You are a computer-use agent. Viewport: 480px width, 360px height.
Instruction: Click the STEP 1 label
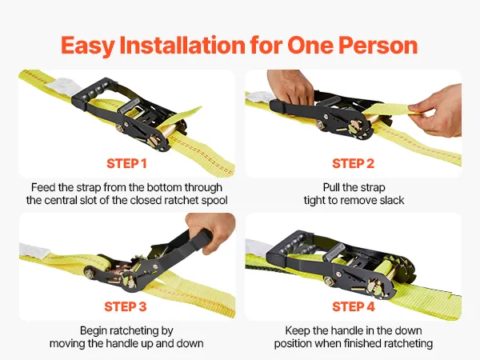tap(126, 163)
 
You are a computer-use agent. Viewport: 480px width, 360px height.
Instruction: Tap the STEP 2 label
tap(354, 163)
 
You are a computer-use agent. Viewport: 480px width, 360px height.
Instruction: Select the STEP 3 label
tap(126, 306)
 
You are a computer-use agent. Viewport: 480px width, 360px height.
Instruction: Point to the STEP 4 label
tap(354, 306)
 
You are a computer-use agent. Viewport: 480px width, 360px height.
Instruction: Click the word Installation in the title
tap(182, 45)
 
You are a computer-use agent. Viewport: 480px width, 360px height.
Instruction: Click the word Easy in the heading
tap(88, 46)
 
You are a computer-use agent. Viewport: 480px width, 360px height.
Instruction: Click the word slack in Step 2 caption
tap(392, 200)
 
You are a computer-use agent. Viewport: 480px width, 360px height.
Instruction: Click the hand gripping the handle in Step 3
tap(212, 230)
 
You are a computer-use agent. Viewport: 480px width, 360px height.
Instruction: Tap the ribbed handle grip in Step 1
tap(92, 90)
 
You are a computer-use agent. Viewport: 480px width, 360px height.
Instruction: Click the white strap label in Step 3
tap(34, 250)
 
